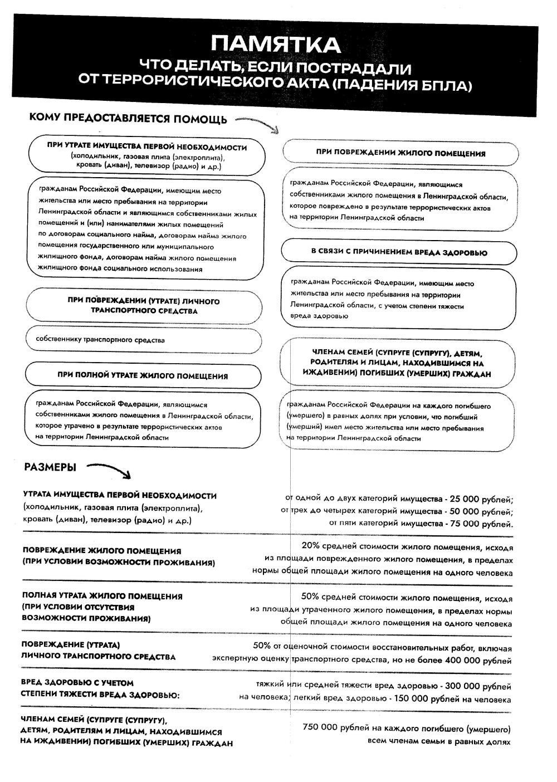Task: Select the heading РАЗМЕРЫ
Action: [x=50, y=467]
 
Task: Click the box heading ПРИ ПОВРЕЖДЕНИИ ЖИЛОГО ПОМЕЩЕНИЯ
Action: [x=400, y=153]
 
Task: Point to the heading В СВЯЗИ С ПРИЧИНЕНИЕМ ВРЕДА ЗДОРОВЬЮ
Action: [x=399, y=252]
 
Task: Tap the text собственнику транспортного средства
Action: [x=100, y=339]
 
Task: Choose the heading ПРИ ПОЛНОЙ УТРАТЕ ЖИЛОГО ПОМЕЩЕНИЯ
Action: [x=143, y=375]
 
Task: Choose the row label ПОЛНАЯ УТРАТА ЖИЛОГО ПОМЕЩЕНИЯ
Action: [x=102, y=596]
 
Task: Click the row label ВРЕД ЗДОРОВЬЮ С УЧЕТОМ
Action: [x=77, y=682]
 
